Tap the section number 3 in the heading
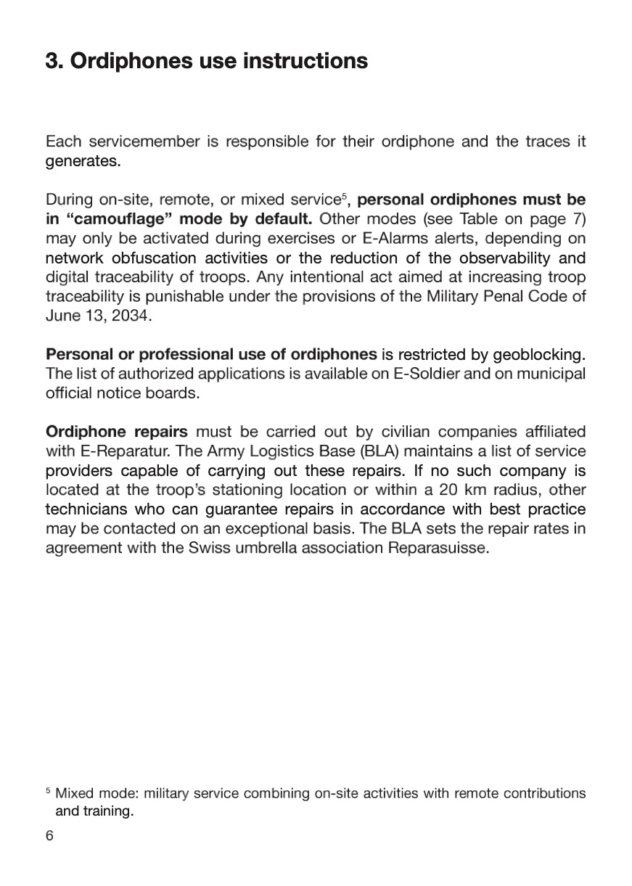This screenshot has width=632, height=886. (52, 61)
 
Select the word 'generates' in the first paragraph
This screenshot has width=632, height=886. (82, 162)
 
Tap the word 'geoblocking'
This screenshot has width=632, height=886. (538, 355)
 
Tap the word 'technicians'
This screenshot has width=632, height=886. (86, 509)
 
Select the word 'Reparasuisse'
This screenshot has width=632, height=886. (438, 548)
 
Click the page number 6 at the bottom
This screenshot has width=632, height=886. (49, 836)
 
